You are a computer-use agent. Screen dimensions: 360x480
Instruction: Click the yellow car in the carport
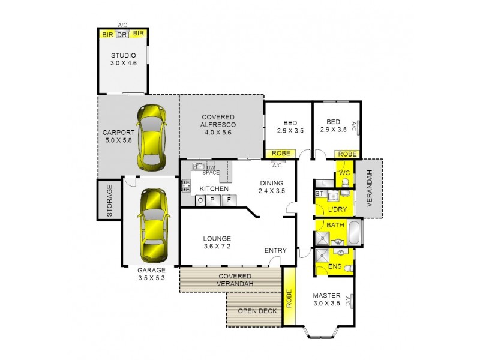click(x=150, y=137)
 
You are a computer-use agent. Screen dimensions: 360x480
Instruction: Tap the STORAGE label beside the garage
click(x=110, y=200)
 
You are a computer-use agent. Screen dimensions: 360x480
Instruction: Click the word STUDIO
click(x=123, y=55)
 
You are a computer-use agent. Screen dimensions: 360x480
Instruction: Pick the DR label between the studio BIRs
click(x=122, y=34)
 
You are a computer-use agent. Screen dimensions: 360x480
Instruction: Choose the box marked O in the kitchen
click(x=200, y=200)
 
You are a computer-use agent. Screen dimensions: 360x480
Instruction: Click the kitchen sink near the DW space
click(x=199, y=167)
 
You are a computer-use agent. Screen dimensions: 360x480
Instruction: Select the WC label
click(x=344, y=173)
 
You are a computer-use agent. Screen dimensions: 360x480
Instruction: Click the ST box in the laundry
click(x=320, y=194)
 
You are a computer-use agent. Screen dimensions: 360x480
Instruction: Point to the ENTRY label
click(x=275, y=250)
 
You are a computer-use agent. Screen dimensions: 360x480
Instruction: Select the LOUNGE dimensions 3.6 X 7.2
click(x=217, y=246)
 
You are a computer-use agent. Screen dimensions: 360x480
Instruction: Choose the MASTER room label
click(x=327, y=296)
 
